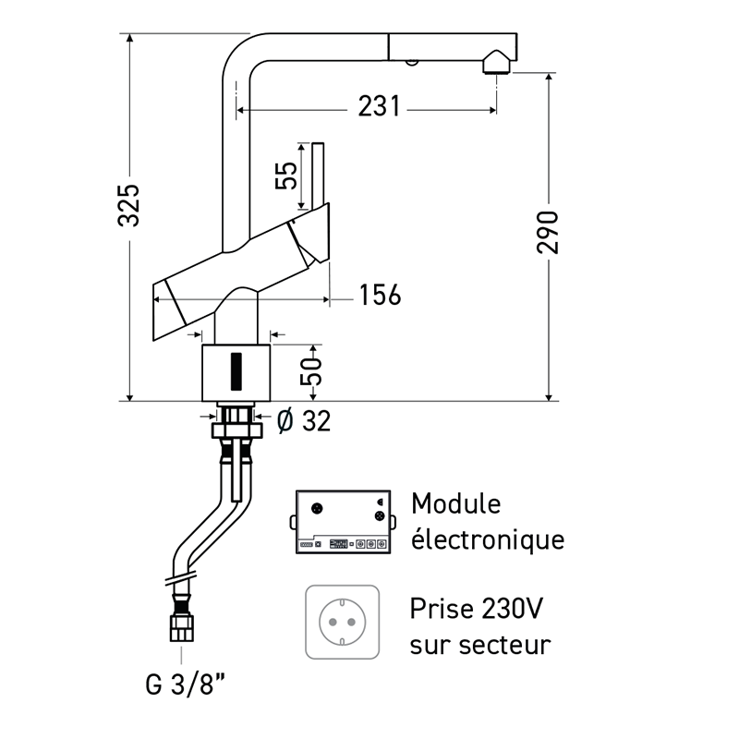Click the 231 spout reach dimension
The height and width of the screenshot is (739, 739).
379,108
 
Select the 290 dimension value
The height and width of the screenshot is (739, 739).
550,231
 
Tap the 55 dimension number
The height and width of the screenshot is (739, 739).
287,176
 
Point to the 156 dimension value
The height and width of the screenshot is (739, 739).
380,296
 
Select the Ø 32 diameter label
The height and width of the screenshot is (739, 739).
303,421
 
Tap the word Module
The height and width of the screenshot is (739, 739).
455,504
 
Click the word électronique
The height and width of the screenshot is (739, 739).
487,539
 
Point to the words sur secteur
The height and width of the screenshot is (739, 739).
480,643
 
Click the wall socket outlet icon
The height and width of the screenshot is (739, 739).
342,622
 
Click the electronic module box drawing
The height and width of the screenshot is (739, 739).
340,523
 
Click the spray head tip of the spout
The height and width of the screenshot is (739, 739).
497,63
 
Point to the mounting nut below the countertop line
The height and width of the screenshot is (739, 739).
235,429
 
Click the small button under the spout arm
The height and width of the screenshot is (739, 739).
409,62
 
